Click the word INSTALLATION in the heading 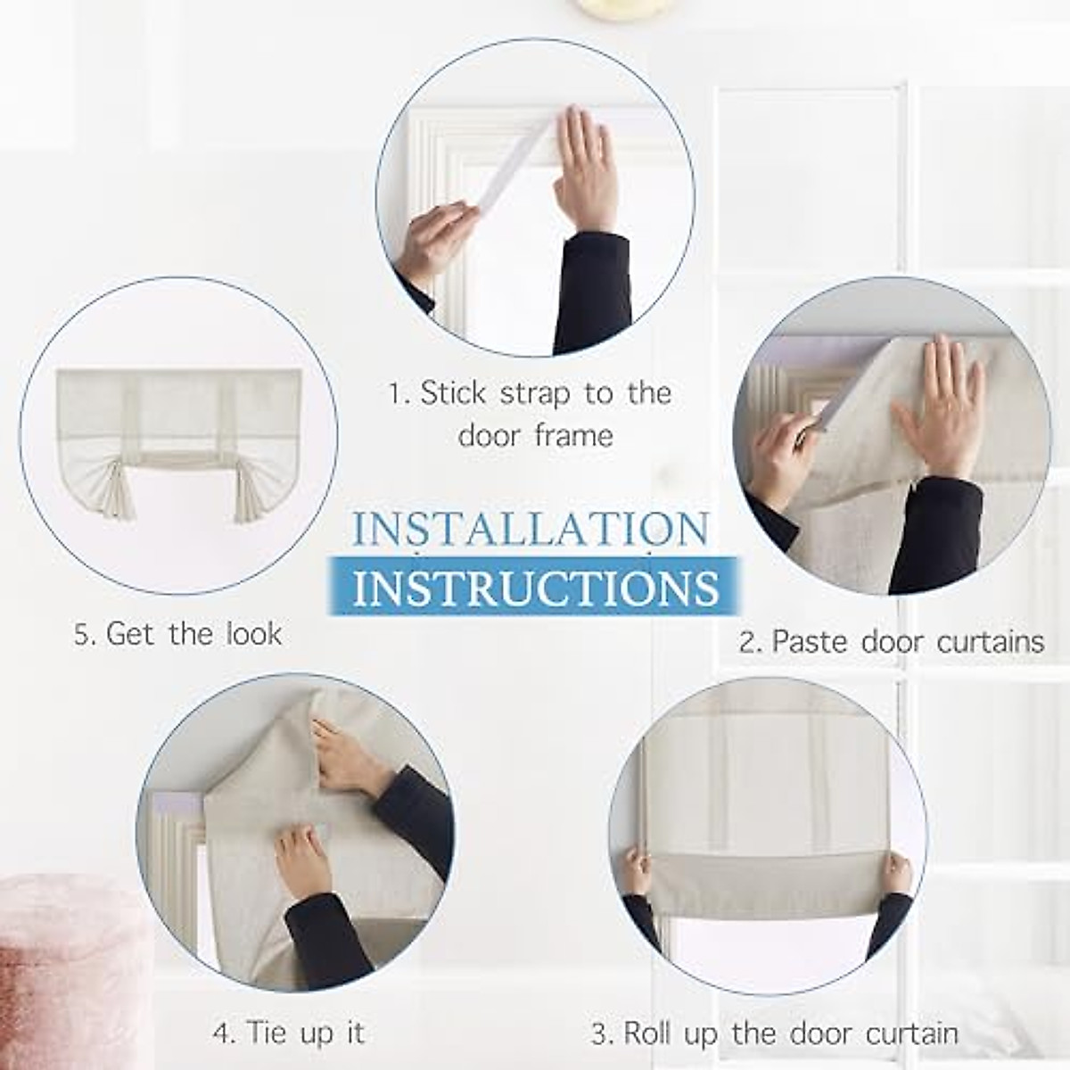point(531,529)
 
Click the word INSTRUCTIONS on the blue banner point(536,587)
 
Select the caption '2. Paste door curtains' point(891,641)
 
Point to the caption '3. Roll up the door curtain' point(774,1034)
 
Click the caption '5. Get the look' point(178,634)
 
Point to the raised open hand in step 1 point(585,165)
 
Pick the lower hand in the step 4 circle point(303,860)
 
